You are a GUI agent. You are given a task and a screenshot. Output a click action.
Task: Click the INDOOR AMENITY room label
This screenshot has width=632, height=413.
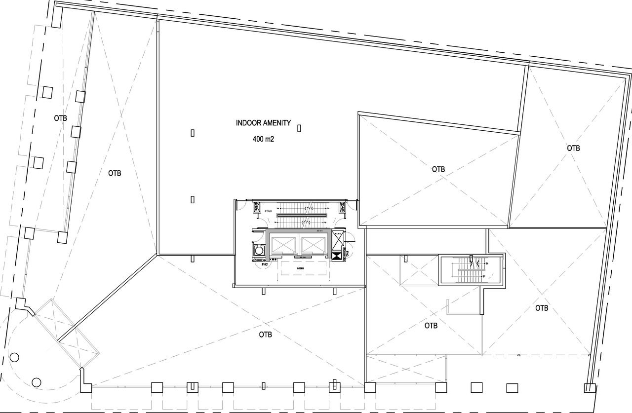[263, 123]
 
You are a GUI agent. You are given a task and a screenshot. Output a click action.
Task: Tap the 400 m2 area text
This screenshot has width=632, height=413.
[263, 139]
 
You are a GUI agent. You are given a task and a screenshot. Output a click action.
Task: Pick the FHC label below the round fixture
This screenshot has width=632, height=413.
[258, 264]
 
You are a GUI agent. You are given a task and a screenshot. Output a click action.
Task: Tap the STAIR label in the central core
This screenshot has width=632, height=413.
[268, 211]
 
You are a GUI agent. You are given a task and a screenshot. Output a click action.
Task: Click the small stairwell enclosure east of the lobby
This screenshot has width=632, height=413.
[471, 270]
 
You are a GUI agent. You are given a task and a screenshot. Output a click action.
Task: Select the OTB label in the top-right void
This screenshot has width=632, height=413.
[573, 148]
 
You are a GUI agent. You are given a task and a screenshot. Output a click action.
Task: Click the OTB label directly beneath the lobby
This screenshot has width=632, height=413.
[266, 334]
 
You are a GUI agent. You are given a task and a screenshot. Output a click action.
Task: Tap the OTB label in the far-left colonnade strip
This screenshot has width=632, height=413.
[61, 118]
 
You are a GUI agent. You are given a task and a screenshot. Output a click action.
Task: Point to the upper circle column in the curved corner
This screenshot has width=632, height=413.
[14, 357]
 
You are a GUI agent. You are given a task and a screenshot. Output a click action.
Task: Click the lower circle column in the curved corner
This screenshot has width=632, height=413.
[36, 382]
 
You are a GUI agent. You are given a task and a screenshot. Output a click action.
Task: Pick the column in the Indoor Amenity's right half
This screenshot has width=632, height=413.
[299, 128]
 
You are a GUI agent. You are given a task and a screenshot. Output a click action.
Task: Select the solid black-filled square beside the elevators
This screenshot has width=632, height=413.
[339, 257]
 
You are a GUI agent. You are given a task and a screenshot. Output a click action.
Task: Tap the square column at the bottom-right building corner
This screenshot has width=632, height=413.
[590, 388]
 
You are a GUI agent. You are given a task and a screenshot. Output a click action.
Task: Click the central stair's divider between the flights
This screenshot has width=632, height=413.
[302, 216]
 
